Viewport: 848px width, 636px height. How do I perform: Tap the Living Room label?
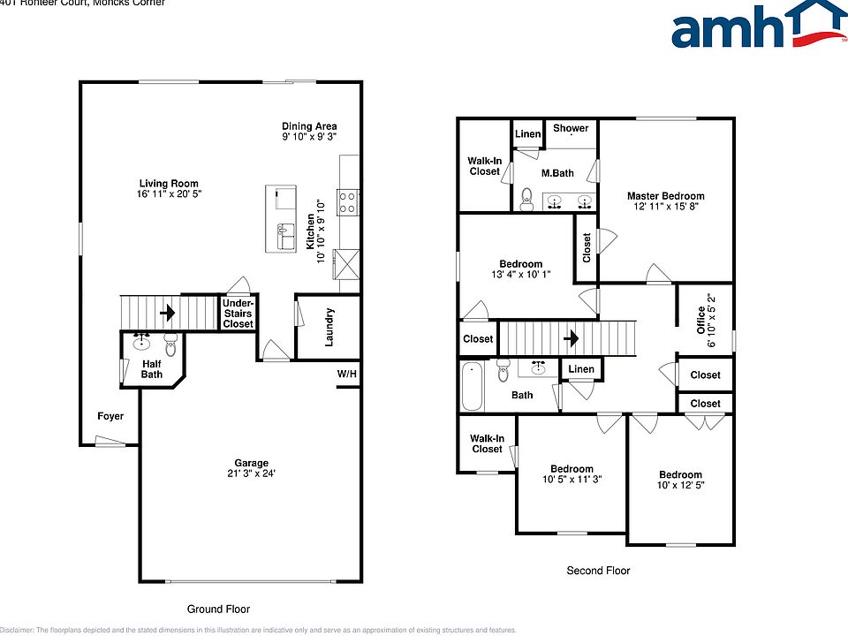[168, 184]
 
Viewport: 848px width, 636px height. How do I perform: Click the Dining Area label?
[309, 126]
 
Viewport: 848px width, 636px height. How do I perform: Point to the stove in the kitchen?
[346, 203]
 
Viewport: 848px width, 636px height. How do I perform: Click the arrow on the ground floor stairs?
[166, 312]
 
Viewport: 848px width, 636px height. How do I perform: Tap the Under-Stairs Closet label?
[238, 314]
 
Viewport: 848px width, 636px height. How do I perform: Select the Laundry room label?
[329, 327]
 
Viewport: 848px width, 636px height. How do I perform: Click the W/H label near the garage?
[346, 375]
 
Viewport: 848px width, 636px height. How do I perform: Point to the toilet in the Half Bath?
[170, 346]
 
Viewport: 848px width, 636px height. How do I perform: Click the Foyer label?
[110, 416]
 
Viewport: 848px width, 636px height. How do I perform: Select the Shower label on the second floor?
[571, 128]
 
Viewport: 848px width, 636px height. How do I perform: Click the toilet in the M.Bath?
[526, 198]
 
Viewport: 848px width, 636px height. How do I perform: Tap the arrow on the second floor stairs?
[571, 337]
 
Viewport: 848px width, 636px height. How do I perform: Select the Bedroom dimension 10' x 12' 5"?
[679, 486]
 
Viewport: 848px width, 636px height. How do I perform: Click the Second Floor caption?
[598, 571]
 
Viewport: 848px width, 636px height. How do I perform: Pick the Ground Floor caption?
[218, 609]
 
